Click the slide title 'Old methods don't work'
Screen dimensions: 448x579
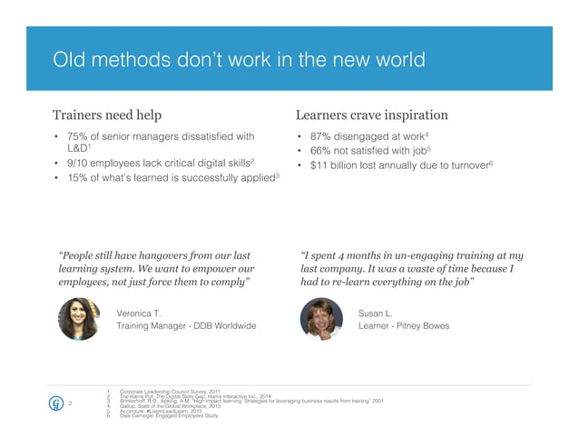[238, 61]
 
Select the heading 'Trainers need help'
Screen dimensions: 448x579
[108, 115]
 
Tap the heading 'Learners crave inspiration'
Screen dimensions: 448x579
[371, 115]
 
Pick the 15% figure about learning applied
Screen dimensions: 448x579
[76, 178]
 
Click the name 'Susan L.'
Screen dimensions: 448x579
[376, 313]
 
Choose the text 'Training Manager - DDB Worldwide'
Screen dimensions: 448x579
[186, 325]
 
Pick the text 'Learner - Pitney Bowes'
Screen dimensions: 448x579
[404, 325]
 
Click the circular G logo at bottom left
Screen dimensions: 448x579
[55, 403]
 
